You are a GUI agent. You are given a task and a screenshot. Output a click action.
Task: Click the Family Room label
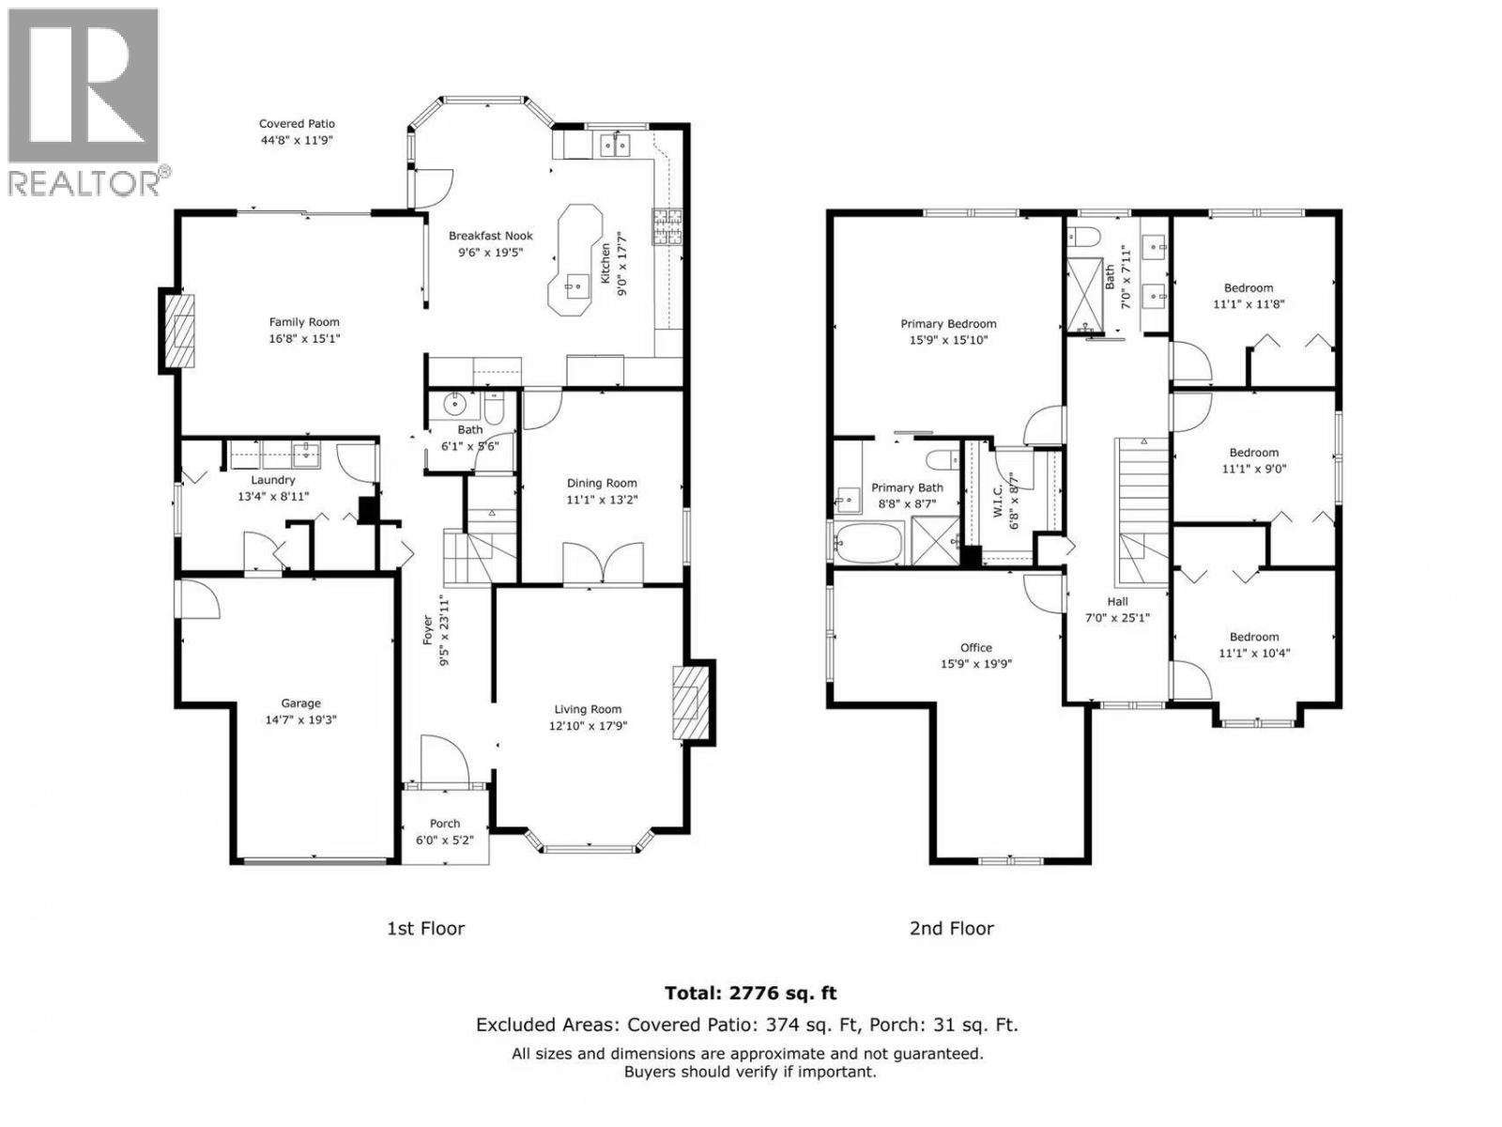click(304, 322)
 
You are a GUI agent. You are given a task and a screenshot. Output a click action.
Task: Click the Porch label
click(445, 824)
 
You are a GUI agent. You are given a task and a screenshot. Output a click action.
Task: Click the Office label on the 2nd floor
click(975, 647)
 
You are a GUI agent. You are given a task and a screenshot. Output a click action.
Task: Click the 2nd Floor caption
click(951, 928)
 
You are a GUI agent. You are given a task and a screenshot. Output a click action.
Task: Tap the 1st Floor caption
click(425, 928)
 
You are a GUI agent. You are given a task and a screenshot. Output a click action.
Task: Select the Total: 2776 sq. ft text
click(750, 993)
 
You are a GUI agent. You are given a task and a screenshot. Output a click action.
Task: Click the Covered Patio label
click(297, 124)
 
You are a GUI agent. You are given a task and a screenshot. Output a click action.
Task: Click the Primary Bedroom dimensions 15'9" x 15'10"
click(948, 340)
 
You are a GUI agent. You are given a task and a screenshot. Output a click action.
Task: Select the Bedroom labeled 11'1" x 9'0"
click(1254, 460)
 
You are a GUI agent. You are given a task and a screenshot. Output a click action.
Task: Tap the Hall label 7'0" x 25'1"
click(1117, 610)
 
